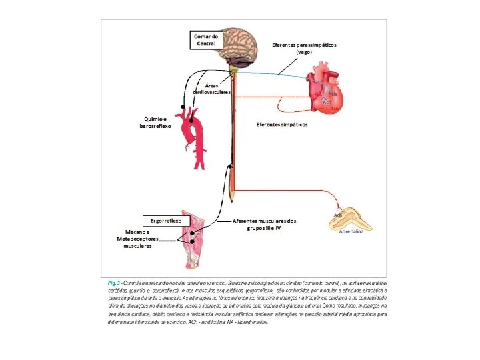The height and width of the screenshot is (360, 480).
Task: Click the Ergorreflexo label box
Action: [162, 220]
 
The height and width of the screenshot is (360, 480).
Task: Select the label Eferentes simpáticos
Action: [282, 125]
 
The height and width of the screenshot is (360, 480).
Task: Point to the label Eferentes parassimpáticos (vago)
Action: [304, 48]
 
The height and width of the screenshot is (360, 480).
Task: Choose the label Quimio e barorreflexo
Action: [155, 121]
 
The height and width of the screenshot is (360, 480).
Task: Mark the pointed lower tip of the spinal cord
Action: [231, 200]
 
